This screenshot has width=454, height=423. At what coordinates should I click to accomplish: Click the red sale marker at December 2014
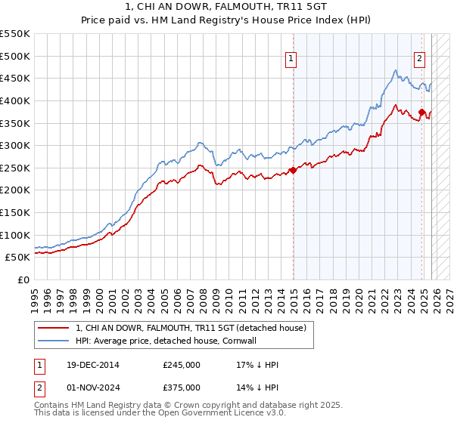[x=293, y=170]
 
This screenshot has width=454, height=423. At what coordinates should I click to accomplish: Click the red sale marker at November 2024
[x=421, y=113]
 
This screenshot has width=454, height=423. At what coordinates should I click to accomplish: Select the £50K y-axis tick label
[x=17, y=258]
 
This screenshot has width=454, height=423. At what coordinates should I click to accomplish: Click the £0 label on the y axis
[x=24, y=280]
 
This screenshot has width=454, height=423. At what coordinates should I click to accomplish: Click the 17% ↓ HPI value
[x=257, y=365]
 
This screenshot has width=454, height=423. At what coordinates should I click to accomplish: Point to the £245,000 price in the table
[x=181, y=365]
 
